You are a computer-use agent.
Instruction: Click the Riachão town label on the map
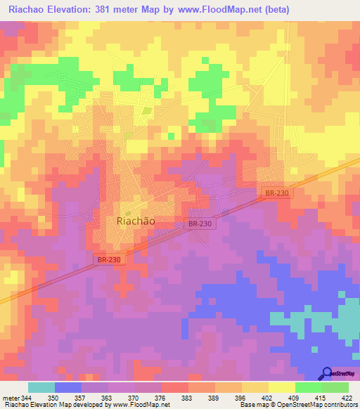tap(134, 220)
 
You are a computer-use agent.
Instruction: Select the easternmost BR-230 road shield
tap(277, 193)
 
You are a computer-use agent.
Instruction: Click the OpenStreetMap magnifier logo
tap(327, 373)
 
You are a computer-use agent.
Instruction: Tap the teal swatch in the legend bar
tap(41, 387)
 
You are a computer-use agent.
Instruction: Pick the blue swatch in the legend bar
tap(68, 387)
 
